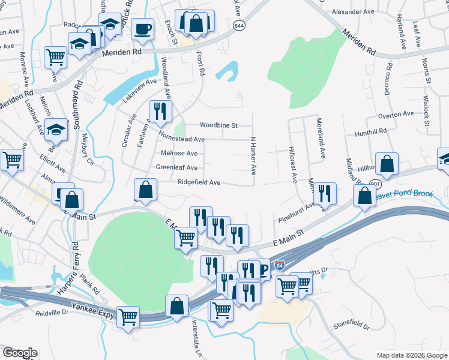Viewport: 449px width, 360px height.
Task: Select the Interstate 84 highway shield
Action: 280,265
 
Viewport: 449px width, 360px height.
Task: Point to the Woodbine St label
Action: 219,125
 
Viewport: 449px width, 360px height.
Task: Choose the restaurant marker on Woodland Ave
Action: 160,111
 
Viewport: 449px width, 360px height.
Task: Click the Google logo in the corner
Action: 20,353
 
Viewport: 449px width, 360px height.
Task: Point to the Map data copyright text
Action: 411,355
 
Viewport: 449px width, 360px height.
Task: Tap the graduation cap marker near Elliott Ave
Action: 56,130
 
